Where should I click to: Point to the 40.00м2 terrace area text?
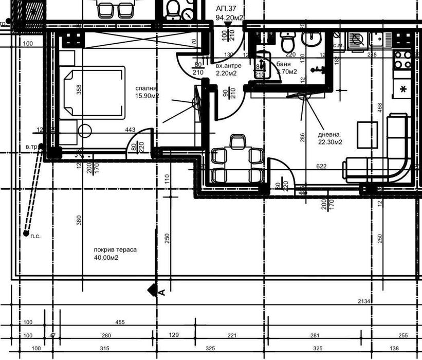click(106, 258)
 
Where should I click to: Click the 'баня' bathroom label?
click(284, 64)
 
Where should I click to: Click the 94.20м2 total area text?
click(229, 17)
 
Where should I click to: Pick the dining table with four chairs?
click(237, 159)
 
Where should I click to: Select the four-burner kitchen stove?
click(402, 60)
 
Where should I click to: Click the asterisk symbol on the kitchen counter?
click(403, 89)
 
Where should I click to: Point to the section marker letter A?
click(161, 293)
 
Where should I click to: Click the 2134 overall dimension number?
click(364, 301)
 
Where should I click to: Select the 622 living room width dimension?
click(321, 167)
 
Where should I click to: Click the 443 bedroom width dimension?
click(130, 130)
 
